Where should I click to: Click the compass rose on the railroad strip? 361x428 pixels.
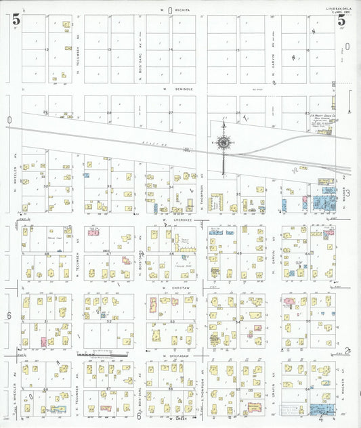point(224,143)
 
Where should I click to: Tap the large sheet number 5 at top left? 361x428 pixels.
point(16,20)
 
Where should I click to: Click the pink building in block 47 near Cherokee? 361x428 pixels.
point(126,259)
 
